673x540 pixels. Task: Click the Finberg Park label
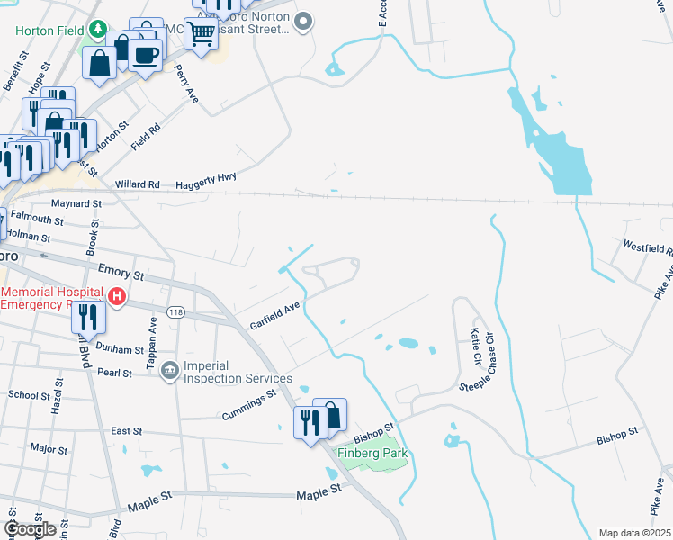(x=373, y=453)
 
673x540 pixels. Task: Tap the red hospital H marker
(x=116, y=296)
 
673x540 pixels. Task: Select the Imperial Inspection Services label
(x=226, y=371)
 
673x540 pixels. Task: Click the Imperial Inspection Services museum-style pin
(x=169, y=370)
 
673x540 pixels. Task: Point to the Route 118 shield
(x=175, y=310)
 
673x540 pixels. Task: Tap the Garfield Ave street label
(x=274, y=317)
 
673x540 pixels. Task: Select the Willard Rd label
(x=137, y=184)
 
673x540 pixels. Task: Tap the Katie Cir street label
(x=473, y=344)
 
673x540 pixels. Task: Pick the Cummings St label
(x=248, y=405)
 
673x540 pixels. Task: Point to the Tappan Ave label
(x=152, y=336)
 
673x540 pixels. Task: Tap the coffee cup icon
(x=144, y=55)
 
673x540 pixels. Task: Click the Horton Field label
(x=48, y=30)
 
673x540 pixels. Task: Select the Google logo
(x=30, y=529)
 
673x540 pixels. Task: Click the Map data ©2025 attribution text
(x=634, y=533)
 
